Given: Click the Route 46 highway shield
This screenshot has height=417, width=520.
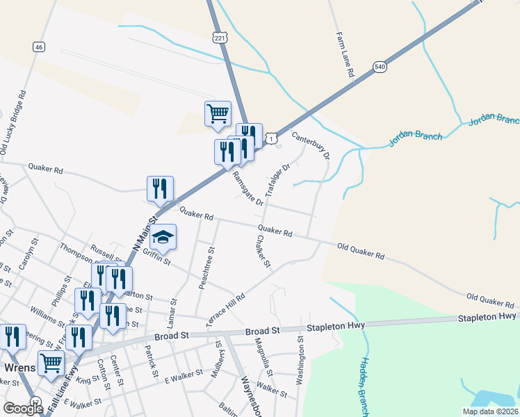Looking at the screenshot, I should (38, 47).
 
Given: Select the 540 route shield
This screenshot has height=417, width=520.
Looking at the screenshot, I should (380, 67).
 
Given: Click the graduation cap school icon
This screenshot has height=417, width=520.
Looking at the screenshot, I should (163, 238).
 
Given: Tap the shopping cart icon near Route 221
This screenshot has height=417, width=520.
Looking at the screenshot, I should (218, 113).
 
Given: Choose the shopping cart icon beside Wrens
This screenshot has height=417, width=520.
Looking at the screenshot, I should (51, 362).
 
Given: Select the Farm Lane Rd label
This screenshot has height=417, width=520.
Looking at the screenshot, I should (345, 54).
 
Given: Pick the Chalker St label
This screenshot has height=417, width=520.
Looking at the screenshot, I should (263, 252).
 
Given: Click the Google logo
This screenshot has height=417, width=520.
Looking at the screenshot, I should (23, 409).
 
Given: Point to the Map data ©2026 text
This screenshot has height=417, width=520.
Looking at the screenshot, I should (489, 411).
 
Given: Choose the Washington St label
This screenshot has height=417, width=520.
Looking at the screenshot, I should (300, 361).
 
